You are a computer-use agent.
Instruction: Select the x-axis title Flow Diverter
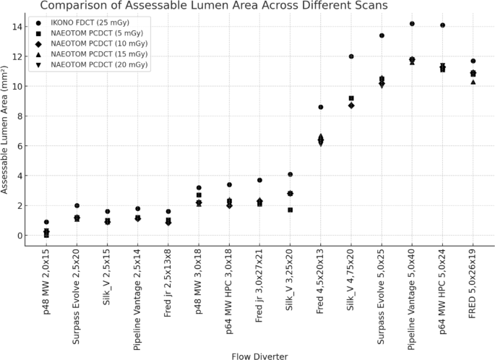[259, 356]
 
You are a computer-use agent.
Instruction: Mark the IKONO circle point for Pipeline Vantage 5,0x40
[412, 24]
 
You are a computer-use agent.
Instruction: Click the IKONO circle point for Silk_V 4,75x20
[351, 56]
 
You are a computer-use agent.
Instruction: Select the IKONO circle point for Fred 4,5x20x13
[321, 107]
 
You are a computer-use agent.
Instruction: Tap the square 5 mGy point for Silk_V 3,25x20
[290, 210]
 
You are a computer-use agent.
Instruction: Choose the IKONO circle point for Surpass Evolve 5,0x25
[382, 35]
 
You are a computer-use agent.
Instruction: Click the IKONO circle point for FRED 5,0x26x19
[473, 61]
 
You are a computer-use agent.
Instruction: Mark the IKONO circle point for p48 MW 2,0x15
[47, 222]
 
